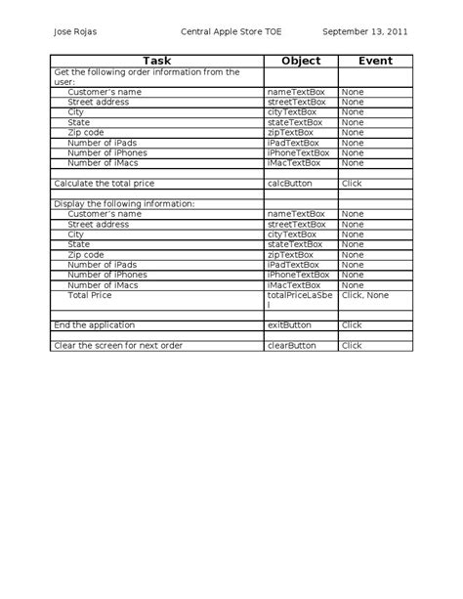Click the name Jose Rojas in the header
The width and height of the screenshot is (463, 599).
pos(74,31)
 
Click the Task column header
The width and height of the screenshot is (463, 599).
pos(156,61)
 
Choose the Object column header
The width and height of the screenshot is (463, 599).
pos(300,61)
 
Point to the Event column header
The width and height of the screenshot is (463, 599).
pos(375,61)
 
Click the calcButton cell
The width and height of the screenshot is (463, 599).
pos(287,183)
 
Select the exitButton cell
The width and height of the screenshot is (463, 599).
pos(288,323)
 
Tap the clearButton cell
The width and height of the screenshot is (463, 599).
pos(291,345)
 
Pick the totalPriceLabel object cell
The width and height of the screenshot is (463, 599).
pos(300,299)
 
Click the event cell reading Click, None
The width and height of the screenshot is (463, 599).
pos(365,294)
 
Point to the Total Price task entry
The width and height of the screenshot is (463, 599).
pos(90,294)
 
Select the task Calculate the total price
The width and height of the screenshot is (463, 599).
pos(105,183)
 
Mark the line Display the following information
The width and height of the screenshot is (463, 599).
pos(125,203)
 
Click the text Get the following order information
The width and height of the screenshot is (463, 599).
pos(147,71)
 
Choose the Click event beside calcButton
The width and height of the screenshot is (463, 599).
pos(352,183)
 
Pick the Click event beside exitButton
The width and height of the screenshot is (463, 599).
pos(352,323)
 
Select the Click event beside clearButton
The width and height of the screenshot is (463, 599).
pos(352,345)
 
